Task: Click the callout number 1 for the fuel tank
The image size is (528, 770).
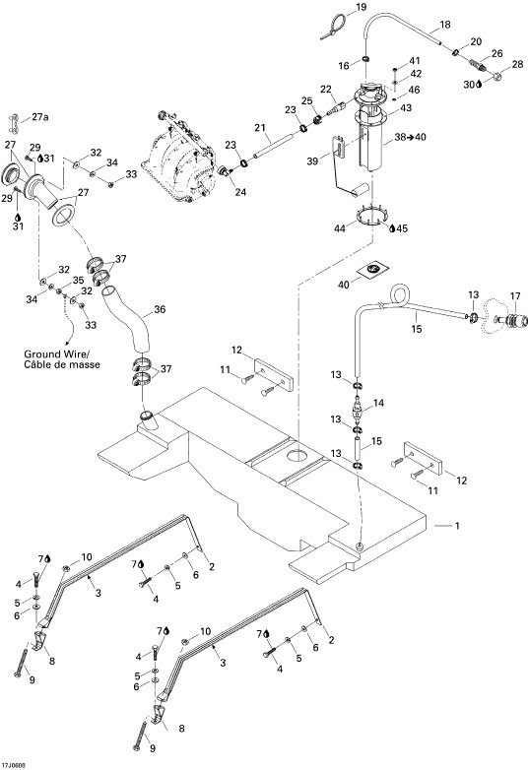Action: coord(457,526)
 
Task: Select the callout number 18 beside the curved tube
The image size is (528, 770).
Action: coord(445,25)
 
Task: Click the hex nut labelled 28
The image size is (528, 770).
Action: coord(496,76)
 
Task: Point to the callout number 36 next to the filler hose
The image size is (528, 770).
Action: coord(160,309)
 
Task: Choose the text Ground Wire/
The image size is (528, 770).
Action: coord(56,354)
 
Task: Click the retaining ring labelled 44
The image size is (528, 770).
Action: coord(370,216)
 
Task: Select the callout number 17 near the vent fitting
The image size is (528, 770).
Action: coord(515,296)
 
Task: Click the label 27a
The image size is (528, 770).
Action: coord(41,117)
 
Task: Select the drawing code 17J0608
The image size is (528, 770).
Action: coord(14,765)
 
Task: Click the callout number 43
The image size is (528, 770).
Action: coord(406,107)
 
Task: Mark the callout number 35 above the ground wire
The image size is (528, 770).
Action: coord(79,281)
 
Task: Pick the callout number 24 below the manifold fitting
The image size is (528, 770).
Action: coord(240,193)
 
